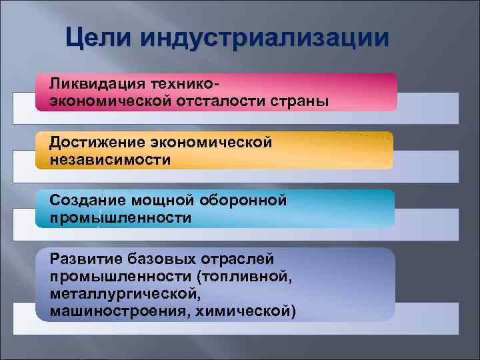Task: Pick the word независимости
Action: click(109, 160)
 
